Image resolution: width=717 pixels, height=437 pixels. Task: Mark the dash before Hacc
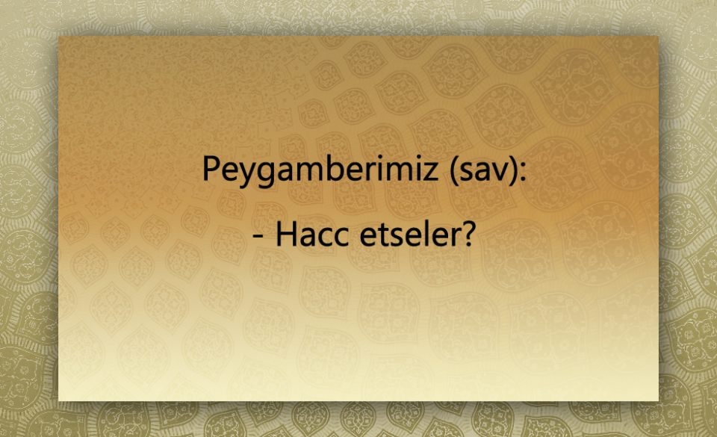click(258, 238)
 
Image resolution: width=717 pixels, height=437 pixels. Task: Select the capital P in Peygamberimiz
click(211, 170)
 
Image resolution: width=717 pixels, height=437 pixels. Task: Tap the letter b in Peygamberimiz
click(332, 169)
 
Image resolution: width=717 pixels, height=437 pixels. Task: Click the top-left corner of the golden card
click(59, 36)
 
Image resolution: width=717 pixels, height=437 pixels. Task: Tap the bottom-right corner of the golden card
click(658, 400)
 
